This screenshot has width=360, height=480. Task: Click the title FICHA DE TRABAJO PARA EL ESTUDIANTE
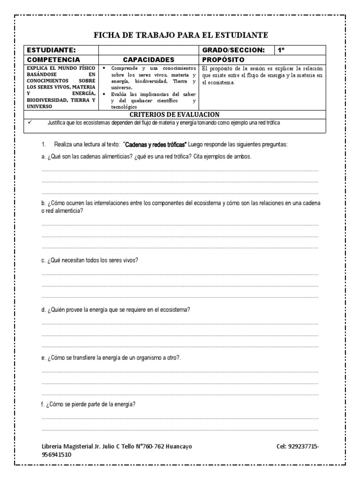tap(181, 35)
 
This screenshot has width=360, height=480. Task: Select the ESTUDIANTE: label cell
tap(51, 50)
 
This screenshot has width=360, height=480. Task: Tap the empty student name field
tap(149, 50)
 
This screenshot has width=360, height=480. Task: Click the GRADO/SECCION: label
tap(233, 50)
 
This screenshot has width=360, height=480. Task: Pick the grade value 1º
tap(281, 50)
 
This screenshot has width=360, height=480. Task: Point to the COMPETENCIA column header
tap(53, 60)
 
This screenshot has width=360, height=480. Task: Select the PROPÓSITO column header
tap(223, 60)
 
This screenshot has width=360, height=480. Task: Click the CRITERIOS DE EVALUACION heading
tap(174, 114)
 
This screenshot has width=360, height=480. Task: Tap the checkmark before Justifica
tap(30, 122)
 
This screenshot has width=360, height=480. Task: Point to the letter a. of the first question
tap(43, 157)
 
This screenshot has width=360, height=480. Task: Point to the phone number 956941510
tap(57, 454)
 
